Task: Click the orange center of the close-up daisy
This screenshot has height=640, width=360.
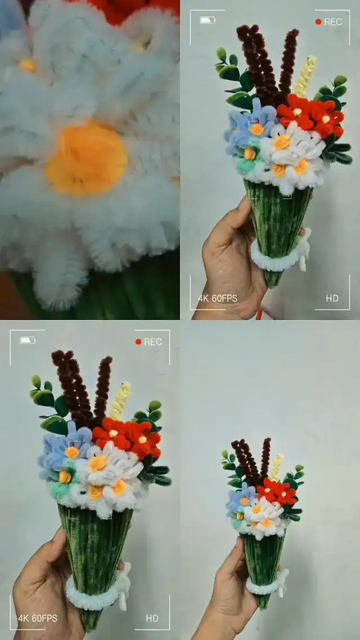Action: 87,157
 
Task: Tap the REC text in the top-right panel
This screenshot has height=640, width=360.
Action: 333,22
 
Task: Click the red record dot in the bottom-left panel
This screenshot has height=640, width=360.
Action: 138,341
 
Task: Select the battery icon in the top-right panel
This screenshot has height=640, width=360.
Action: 208,20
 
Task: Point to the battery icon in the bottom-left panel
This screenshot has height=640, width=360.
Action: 28,340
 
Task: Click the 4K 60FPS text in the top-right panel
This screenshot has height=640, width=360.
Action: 218,299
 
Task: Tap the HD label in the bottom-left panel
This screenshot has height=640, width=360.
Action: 152,619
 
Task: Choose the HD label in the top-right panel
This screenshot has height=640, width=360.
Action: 332,299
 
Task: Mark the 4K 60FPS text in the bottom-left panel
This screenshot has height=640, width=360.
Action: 38,618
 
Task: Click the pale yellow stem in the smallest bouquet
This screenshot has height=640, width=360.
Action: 277,467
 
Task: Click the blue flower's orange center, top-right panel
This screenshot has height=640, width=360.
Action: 256,129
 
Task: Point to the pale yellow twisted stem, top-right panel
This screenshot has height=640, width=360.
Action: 305,76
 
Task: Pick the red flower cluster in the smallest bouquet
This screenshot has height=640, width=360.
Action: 277,492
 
